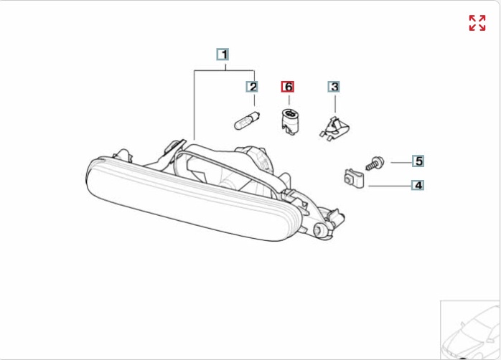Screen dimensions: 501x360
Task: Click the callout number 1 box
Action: pyautogui.click(x=223, y=55)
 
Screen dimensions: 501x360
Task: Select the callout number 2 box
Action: pyautogui.click(x=252, y=87)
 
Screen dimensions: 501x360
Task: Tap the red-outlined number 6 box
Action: pyautogui.click(x=288, y=87)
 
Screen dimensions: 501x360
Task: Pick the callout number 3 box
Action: pyautogui.click(x=334, y=87)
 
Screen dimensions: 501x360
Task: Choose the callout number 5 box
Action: pyautogui.click(x=418, y=161)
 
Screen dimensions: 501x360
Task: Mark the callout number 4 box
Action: pyautogui.click(x=418, y=185)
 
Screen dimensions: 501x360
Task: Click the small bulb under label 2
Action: pyautogui.click(x=247, y=120)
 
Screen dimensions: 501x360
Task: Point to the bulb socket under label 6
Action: pyautogui.click(x=290, y=122)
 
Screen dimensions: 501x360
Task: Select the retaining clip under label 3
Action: pyautogui.click(x=334, y=128)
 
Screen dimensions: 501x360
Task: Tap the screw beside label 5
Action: pyautogui.click(x=375, y=164)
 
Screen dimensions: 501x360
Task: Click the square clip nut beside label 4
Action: pyautogui.click(x=354, y=179)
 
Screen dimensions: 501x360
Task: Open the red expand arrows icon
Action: pyautogui.click(x=477, y=23)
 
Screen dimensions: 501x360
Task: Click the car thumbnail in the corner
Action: pyautogui.click(x=470, y=330)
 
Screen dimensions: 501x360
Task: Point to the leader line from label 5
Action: pyautogui.click(x=401, y=163)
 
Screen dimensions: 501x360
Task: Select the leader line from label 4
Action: pyautogui.click(x=390, y=186)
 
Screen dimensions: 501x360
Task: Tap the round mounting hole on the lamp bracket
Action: pyautogui.click(x=319, y=229)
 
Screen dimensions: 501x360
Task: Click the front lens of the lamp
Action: pyautogui.click(x=192, y=201)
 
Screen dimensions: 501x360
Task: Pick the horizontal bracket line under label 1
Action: pyautogui.click(x=224, y=70)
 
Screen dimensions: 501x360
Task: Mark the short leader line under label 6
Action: pyautogui.click(x=289, y=100)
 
